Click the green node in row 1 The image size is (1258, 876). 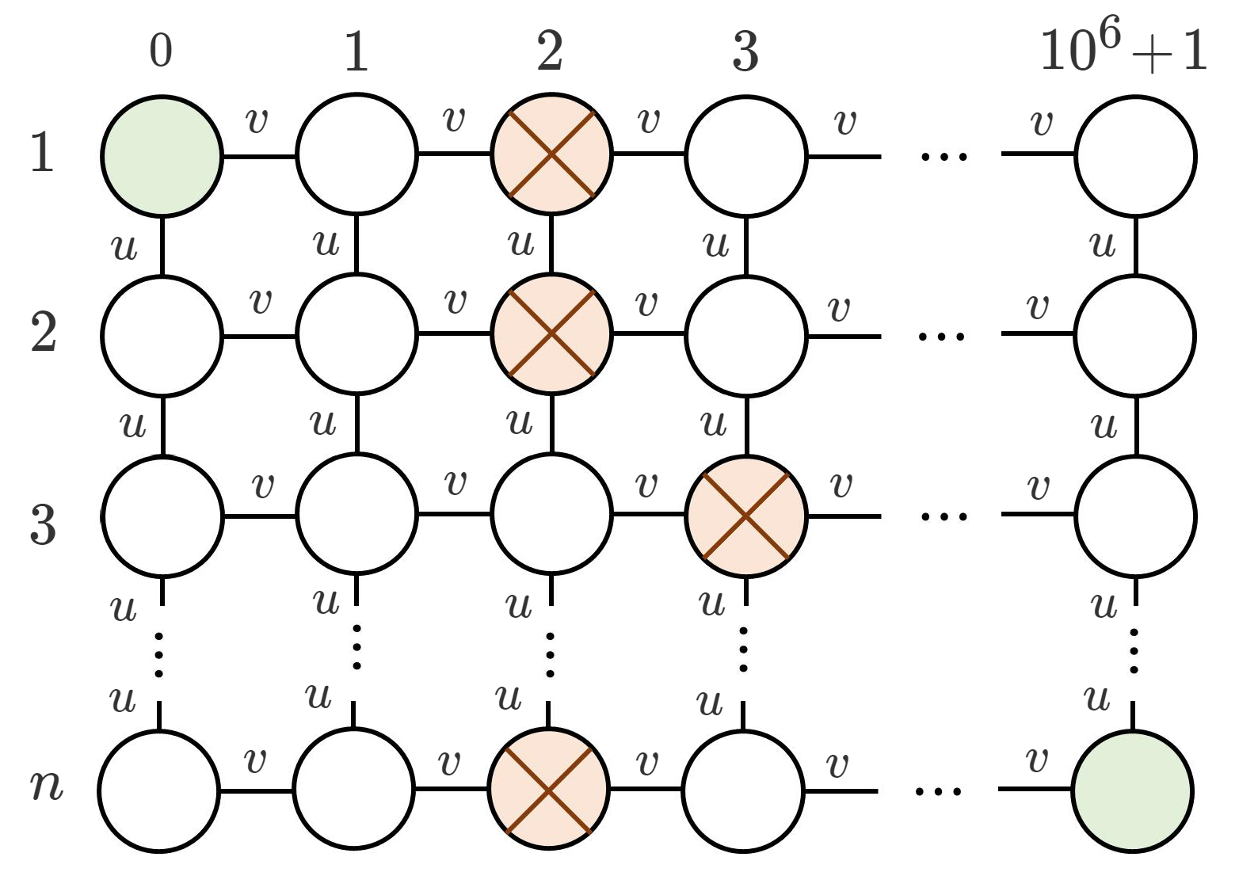162,155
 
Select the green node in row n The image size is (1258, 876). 1132,790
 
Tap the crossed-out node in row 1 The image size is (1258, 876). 551,154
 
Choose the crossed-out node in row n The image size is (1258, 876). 549,789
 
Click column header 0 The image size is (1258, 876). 161,51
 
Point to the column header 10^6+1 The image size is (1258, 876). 1123,51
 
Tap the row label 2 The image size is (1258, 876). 44,333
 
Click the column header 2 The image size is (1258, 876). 550,51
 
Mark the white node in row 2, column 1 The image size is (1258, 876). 357,334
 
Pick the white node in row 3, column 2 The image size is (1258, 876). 551,514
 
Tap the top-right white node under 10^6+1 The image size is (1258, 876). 1135,155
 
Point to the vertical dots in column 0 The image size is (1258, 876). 159,654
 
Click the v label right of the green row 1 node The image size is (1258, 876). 257,121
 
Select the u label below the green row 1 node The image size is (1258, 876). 125,247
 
